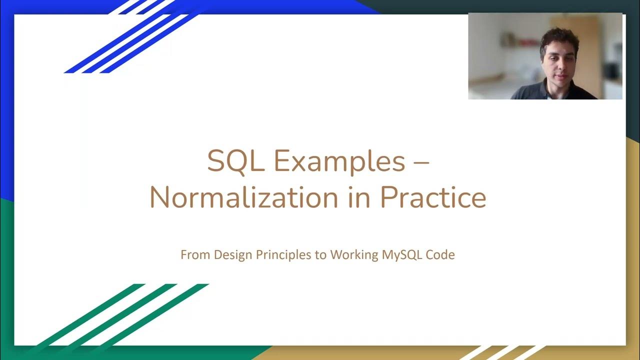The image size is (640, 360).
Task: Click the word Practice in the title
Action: [x=433, y=197]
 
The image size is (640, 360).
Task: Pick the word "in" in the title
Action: [x=359, y=197]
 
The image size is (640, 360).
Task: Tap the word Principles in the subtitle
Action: [x=283, y=254]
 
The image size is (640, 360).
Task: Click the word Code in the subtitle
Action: [x=440, y=254]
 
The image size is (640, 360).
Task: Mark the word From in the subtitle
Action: [x=195, y=254]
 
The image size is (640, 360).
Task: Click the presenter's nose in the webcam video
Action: [x=559, y=64]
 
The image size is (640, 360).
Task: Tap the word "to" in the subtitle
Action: [x=320, y=254]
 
